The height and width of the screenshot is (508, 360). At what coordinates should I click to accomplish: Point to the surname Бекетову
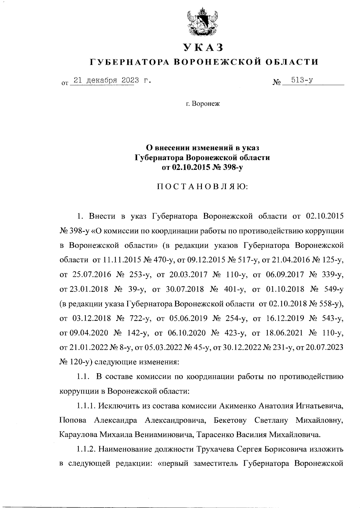click(230, 420)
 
